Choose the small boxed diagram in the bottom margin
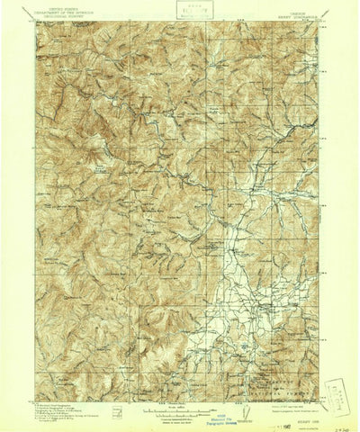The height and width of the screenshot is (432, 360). pyautogui.click(x=118, y=410)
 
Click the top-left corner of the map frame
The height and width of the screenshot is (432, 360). pyautogui.click(x=37, y=23)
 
